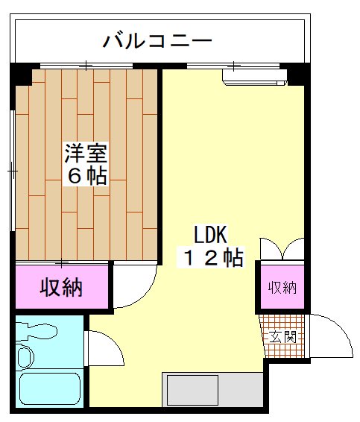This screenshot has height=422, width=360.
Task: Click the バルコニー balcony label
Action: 158,40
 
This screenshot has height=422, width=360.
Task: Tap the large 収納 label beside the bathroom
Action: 61,286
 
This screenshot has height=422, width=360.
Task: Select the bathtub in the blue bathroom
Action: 49,388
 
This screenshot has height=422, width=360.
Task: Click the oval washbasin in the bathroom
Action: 25,357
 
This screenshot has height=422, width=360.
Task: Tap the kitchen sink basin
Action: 192,390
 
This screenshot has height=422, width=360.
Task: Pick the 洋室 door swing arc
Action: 134,287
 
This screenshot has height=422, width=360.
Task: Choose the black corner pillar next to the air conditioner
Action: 298,75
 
